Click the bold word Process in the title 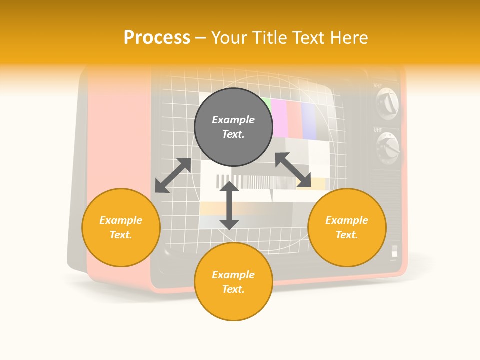coord(157,38)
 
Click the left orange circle coord(121,227)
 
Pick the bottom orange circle coord(233,282)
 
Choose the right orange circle coord(347,227)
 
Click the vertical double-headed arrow coord(229,205)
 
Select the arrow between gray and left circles coord(173,175)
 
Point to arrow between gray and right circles coord(293,170)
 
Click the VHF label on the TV coord(378,86)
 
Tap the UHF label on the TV coord(378,130)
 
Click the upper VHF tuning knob coord(388,104)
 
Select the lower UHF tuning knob coord(388,148)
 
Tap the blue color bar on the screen coord(309,121)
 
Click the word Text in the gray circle coord(233,134)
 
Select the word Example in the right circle coord(347,220)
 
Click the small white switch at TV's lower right coord(394,251)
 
